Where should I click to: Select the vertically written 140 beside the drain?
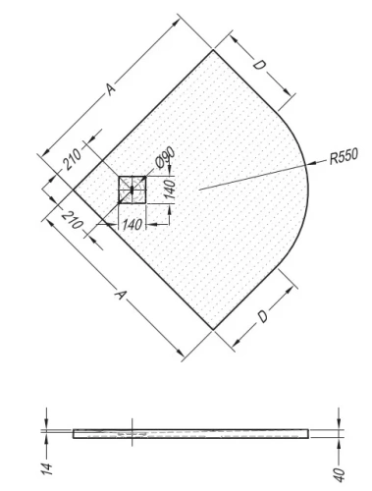[x=170, y=190]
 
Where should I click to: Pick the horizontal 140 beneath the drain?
[x=133, y=224]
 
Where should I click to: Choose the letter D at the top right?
[x=259, y=66]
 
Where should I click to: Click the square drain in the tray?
[x=133, y=189]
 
